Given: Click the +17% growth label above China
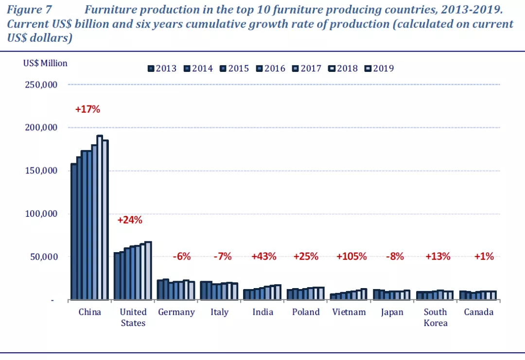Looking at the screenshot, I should [87, 109].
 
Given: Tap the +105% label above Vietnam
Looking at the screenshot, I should [351, 257].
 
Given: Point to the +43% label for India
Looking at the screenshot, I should [263, 257].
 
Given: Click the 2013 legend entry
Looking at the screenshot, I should [162, 69].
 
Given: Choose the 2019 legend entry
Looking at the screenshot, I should [380, 69].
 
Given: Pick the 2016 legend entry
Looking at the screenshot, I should [271, 69].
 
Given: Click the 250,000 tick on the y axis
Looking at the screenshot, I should [41, 85].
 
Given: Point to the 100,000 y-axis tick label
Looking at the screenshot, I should [41, 214].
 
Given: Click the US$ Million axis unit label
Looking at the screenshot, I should [45, 63].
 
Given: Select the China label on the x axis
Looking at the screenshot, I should [90, 312].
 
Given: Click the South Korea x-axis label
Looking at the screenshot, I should [435, 317].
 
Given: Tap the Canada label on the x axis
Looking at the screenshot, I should [478, 312].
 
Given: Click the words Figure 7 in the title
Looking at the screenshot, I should [29, 10].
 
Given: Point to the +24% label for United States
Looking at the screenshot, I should [130, 220].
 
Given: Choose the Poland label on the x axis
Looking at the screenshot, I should [306, 312].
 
